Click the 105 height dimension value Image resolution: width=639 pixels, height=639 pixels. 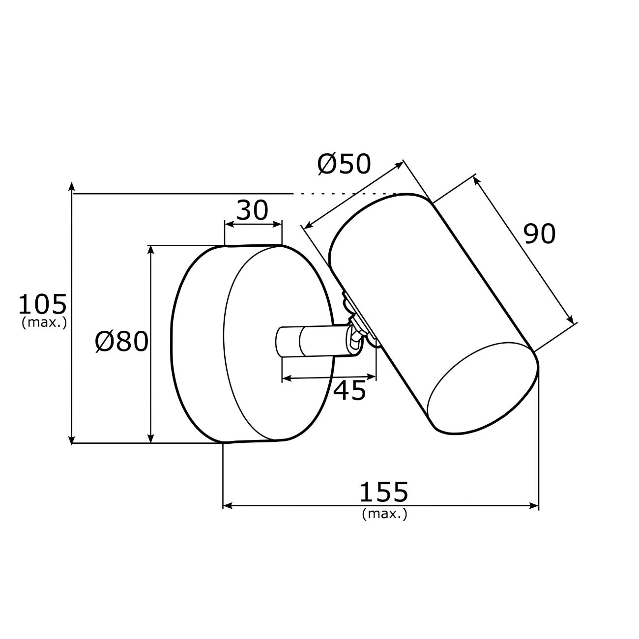coord(42,304)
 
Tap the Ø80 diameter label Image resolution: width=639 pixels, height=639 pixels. coord(122,342)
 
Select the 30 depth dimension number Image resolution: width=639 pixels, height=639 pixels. coord(252,210)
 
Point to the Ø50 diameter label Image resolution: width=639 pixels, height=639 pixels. coord(344,164)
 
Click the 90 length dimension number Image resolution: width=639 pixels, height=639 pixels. coord(540,234)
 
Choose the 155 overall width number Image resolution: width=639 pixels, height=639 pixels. coord(384,492)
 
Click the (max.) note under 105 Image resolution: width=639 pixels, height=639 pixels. coord(44,322)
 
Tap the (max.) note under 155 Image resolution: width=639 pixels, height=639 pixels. coord(384,514)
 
